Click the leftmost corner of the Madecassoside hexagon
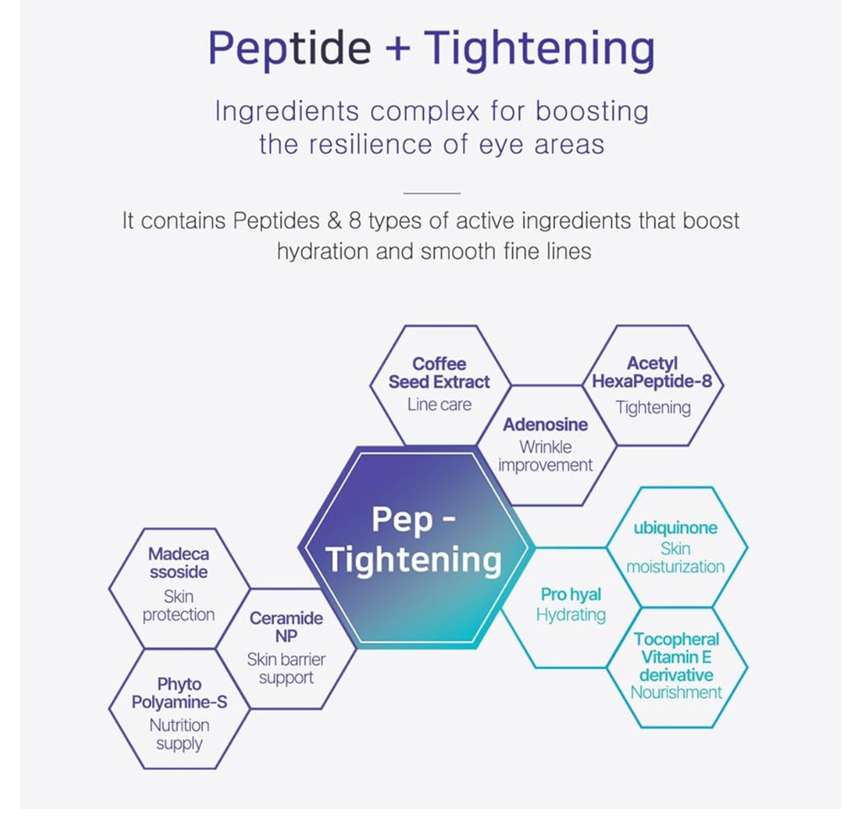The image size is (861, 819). pos(109,588)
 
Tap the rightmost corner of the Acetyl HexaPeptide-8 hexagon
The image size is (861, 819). pos(724,386)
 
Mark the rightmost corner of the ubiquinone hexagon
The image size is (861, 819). pos(747,547)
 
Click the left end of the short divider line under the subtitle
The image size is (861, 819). pos(403,194)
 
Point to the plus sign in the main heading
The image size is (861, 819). pos(398,47)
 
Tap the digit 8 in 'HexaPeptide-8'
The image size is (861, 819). pos(706,381)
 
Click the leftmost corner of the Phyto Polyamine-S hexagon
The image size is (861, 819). pos(109,709)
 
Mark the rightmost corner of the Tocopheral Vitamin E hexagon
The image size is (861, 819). pos(747,667)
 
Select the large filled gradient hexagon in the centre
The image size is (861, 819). pos(415,547)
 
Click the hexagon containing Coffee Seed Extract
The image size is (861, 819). pos(440,386)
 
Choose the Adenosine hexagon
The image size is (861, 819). pos(546,445)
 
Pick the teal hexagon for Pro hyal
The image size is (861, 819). pos(571,608)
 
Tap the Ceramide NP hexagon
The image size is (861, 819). pos(286,649)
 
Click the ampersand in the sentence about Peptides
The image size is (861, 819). pos(335,221)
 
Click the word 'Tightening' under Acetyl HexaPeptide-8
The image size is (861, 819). pos(652,407)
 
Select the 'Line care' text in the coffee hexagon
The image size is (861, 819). pos(439,405)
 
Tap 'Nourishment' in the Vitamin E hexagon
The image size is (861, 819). pos(676,692)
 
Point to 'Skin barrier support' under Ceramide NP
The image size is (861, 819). pos(286,668)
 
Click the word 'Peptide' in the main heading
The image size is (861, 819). pos(289,48)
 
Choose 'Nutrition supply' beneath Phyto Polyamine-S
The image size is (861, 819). pos(179,734)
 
